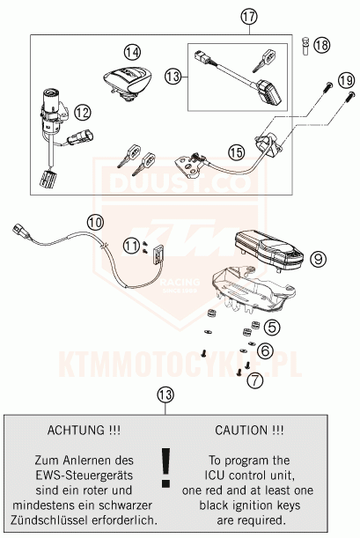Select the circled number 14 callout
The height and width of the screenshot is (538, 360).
pyautogui.click(x=132, y=52)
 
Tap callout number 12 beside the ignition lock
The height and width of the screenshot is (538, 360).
pyautogui.click(x=82, y=113)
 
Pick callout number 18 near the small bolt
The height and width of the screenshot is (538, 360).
pyautogui.click(x=324, y=44)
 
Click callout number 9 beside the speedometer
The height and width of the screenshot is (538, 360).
pyautogui.click(x=317, y=258)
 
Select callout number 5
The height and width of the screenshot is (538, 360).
pyautogui.click(x=272, y=327)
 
